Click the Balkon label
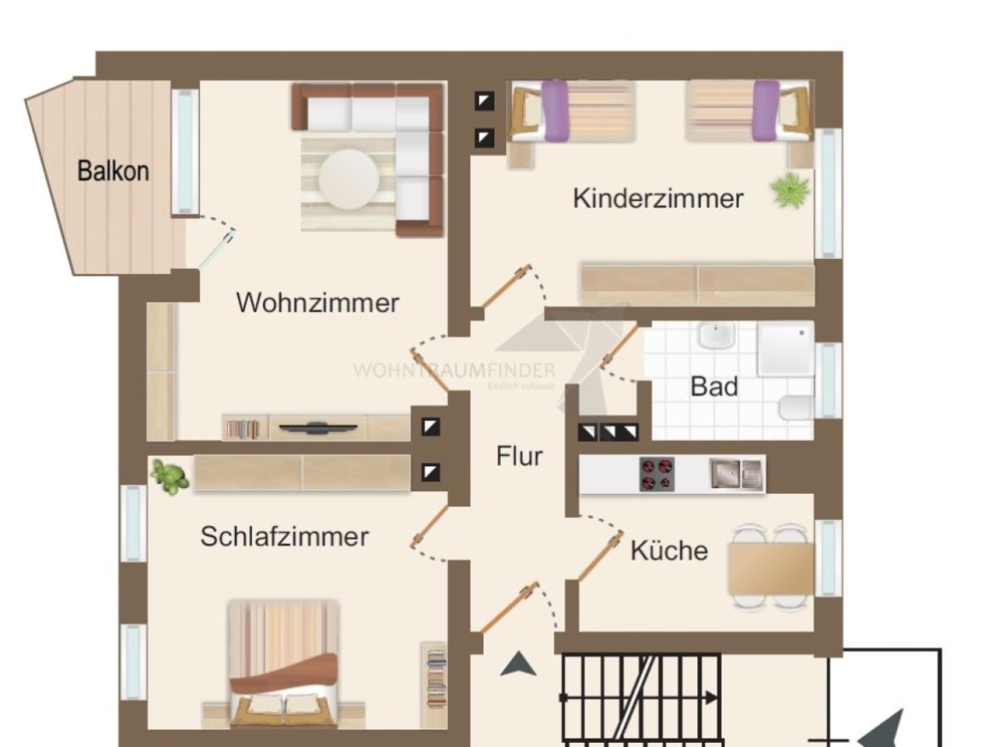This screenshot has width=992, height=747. [113, 171]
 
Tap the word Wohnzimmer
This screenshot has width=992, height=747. [317, 302]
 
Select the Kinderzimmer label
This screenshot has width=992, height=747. [658, 198]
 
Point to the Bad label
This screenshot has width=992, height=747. [713, 387]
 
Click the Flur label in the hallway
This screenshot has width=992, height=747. [519, 456]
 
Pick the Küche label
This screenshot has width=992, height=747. [669, 550]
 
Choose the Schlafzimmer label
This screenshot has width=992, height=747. [284, 536]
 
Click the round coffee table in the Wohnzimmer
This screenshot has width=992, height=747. [349, 178]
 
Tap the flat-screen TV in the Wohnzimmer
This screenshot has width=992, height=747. [318, 428]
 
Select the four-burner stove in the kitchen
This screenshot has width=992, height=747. [656, 474]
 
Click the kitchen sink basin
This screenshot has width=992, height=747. [726, 474]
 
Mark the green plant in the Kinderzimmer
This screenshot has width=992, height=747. [790, 190]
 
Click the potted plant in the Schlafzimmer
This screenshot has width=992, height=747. [170, 477]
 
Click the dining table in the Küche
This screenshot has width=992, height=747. [770, 569]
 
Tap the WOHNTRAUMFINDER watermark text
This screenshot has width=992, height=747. [454, 370]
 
